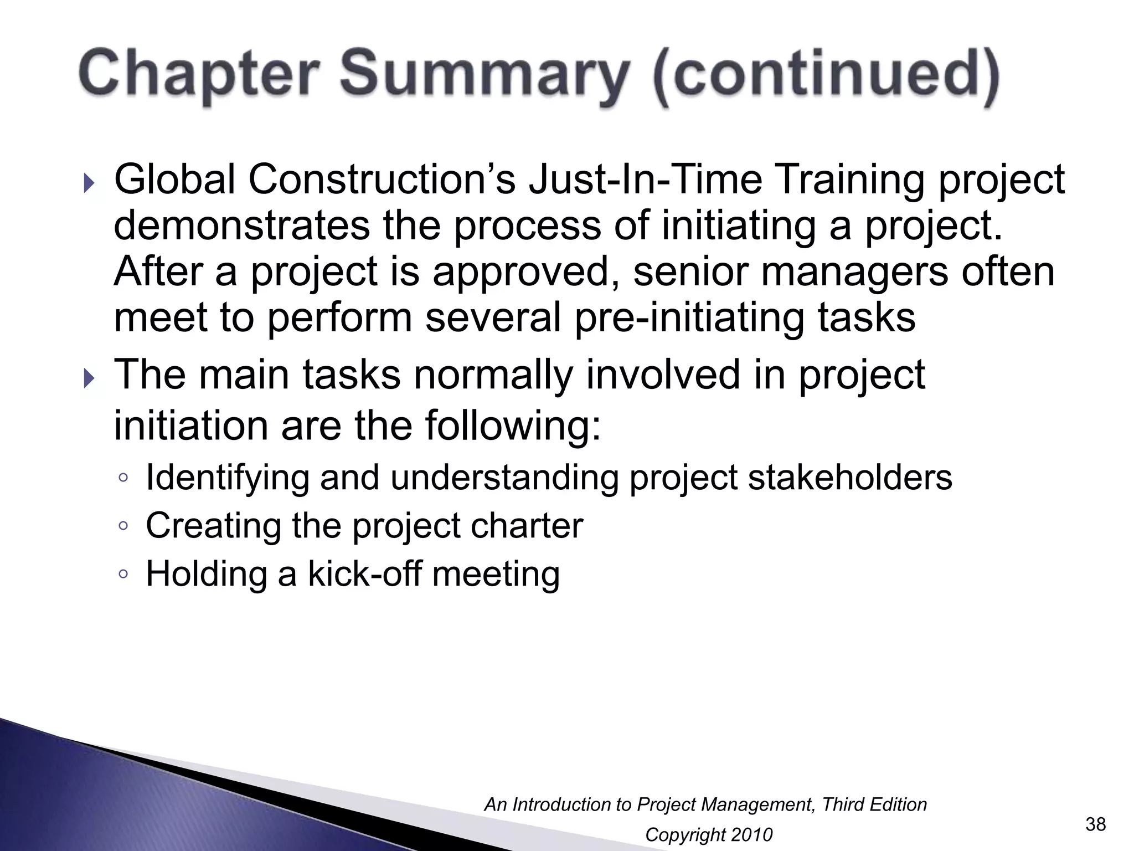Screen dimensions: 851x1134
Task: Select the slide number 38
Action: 1095,824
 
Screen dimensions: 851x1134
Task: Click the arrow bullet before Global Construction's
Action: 89,183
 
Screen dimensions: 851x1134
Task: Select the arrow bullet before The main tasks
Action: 89,379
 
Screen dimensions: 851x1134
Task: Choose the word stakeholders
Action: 850,478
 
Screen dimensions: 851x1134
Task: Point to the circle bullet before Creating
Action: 123,526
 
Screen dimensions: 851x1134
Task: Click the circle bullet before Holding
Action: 123,574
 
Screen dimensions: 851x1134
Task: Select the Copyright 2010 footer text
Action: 708,835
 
